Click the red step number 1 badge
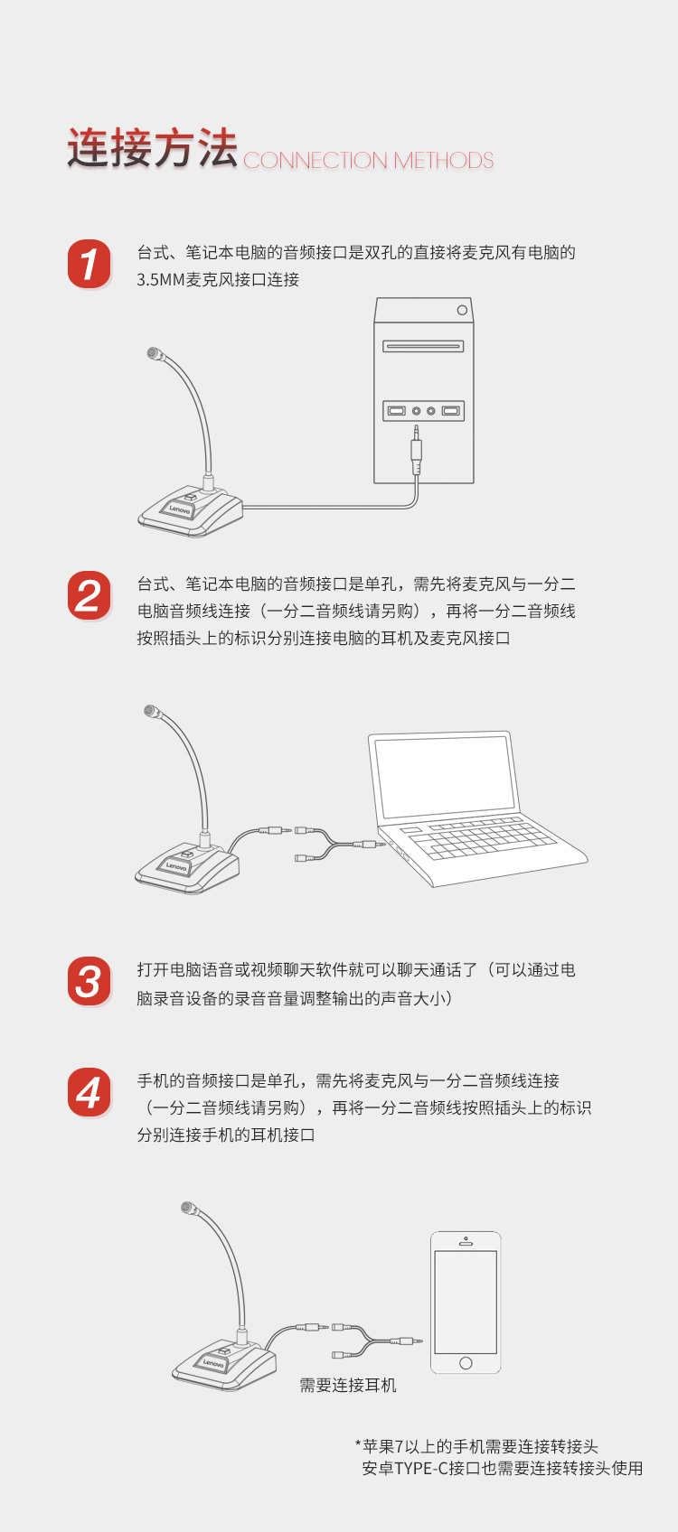pyautogui.click(x=89, y=264)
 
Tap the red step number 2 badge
pyautogui.click(x=89, y=595)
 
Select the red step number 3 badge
pyautogui.click(x=89, y=981)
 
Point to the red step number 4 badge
pyautogui.click(x=89, y=1091)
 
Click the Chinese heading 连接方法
pyautogui.click(x=152, y=148)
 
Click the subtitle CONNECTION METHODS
pyautogui.click(x=368, y=161)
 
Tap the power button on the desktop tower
pyautogui.click(x=462, y=310)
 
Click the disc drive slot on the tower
pyautogui.click(x=423, y=347)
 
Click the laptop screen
pyautogui.click(x=443, y=775)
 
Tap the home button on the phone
pyautogui.click(x=466, y=1363)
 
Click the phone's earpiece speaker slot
pyautogui.click(x=466, y=1243)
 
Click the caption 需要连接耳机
pyautogui.click(x=347, y=1385)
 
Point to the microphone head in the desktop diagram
pyautogui.click(x=154, y=353)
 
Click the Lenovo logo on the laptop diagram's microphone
pyautogui.click(x=176, y=866)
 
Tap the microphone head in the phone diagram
pyautogui.click(x=187, y=1208)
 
